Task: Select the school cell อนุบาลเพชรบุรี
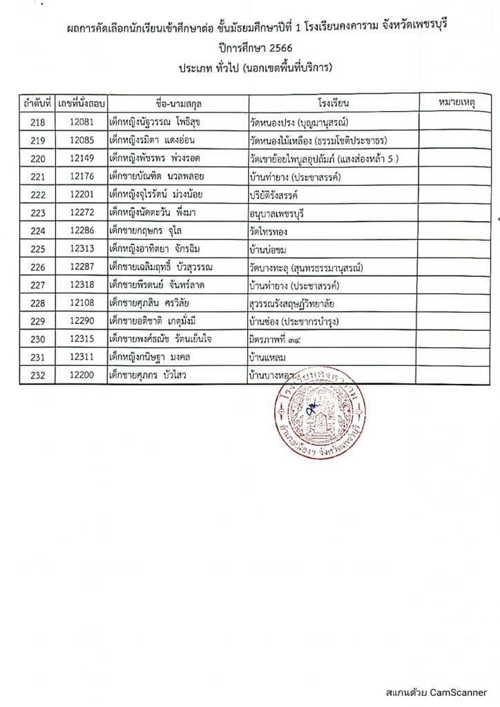[280, 213]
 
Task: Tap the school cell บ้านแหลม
[269, 358]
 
